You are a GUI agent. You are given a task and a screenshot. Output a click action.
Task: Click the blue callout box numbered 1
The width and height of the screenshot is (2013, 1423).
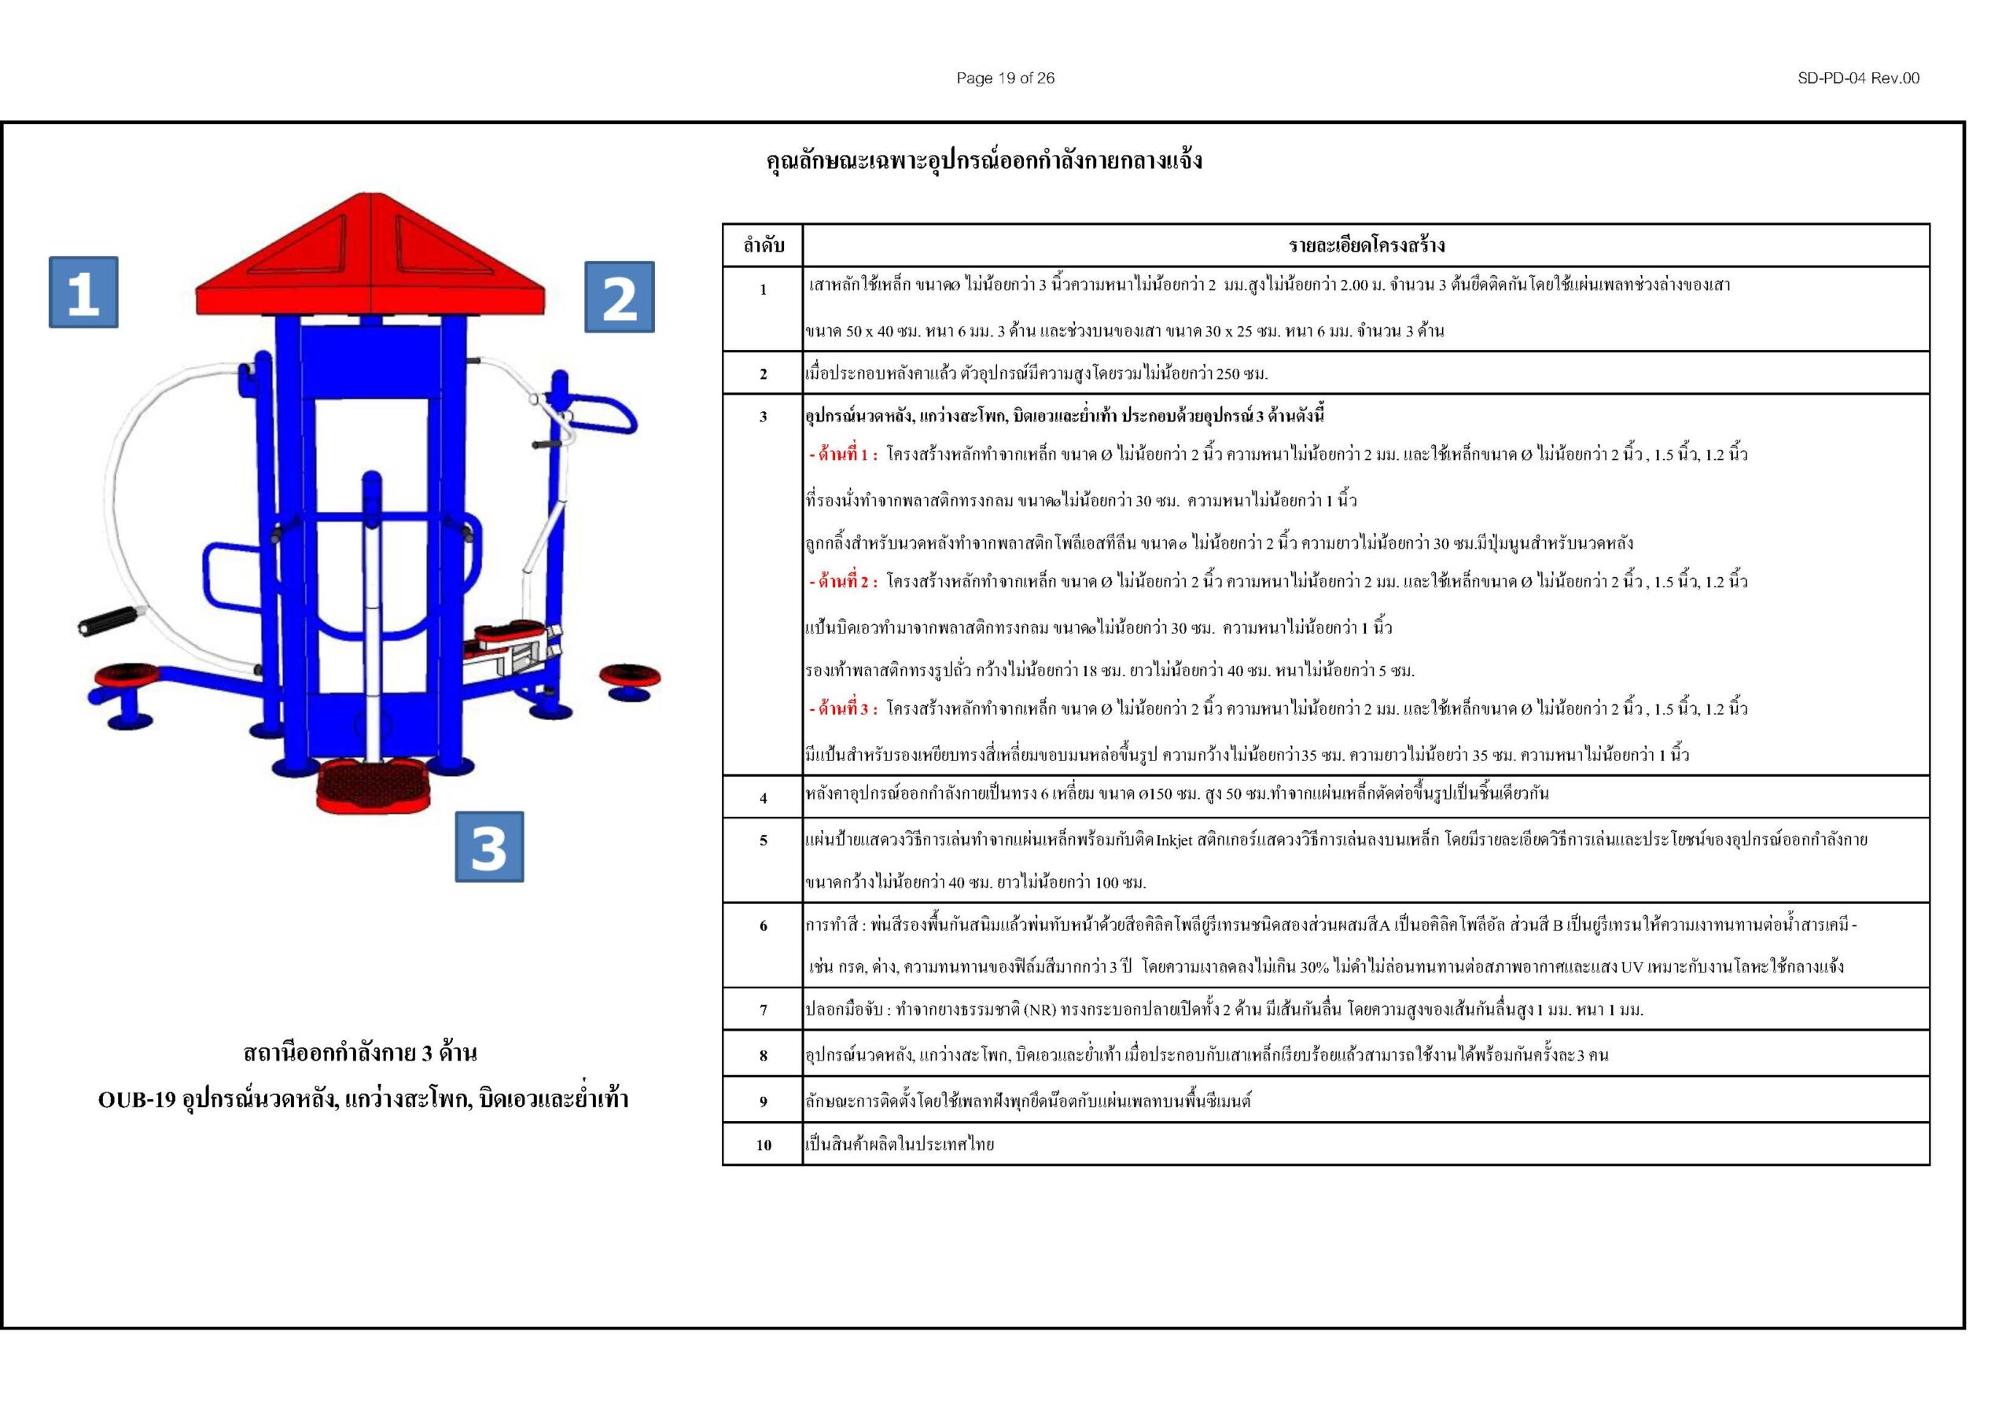click(83, 292)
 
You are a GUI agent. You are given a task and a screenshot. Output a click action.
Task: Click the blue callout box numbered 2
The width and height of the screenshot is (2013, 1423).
click(619, 297)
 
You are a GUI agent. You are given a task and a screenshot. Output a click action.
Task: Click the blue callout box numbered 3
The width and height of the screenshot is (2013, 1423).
click(488, 846)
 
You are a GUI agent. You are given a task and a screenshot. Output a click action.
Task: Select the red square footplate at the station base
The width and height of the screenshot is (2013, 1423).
click(374, 785)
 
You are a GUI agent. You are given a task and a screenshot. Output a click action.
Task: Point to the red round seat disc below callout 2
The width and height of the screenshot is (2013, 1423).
click(630, 677)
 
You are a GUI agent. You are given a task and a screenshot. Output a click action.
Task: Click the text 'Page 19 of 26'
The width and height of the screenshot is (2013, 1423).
click(1005, 78)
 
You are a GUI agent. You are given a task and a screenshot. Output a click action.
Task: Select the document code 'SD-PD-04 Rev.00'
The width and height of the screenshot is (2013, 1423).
click(1858, 78)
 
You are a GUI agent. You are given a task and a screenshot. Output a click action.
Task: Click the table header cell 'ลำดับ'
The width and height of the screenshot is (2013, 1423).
click(763, 245)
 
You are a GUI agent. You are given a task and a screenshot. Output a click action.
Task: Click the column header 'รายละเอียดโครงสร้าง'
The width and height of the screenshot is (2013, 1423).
click(1366, 245)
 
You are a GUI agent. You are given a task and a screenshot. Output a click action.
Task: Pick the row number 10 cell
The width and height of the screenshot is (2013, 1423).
click(763, 1144)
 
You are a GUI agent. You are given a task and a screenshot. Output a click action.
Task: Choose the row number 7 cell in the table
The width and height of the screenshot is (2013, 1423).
click(763, 1010)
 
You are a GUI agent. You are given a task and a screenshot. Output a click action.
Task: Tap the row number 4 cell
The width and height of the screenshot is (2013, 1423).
click(763, 798)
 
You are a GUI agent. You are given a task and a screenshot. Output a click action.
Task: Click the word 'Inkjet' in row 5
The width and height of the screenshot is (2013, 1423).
click(1174, 840)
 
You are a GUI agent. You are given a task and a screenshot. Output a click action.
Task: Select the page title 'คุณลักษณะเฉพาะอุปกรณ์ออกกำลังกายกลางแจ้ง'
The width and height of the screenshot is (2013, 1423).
click(984, 161)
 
